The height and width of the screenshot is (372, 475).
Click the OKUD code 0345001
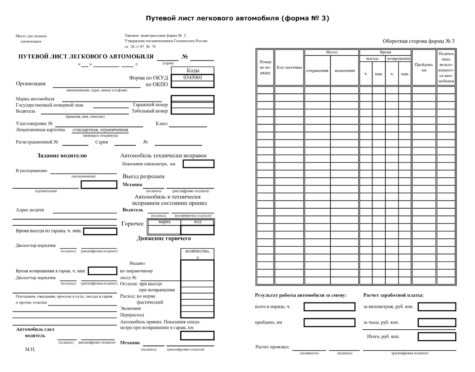pos(193,78)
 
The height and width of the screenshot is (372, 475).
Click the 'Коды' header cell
pos(193,70)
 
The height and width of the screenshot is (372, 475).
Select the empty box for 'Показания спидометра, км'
pos(198,164)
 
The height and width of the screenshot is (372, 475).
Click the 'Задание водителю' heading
pos(62,156)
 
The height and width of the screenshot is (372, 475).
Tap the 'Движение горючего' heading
pos(164,238)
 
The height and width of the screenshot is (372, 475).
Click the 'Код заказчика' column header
pos(289,68)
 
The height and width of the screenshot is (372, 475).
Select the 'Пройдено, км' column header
pos(424,68)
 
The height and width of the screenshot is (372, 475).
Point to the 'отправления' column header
pos(317,71)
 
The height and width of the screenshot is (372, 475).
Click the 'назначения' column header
pos(344,71)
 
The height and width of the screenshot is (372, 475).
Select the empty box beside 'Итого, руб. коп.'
pos(437,337)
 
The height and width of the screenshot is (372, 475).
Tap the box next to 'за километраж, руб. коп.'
pos(437,307)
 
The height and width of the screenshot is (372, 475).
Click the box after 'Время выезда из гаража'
pos(100,231)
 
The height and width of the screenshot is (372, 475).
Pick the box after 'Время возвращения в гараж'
pos(102,271)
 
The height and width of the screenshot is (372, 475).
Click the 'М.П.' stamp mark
pos(30,349)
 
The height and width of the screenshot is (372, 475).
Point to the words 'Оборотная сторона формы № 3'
pos(418,41)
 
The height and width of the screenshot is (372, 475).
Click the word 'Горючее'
pos(132,224)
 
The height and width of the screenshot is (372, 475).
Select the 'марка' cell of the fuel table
pos(164,222)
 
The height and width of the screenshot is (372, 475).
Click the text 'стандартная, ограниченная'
pos(101,130)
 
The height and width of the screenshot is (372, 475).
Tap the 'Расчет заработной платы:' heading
pos(393,295)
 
